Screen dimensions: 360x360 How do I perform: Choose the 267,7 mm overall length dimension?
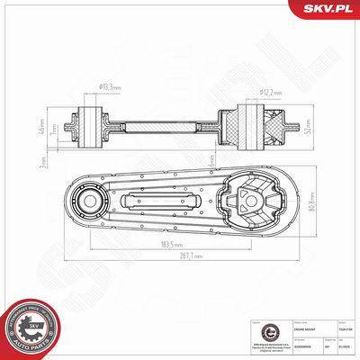[x=187, y=256]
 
